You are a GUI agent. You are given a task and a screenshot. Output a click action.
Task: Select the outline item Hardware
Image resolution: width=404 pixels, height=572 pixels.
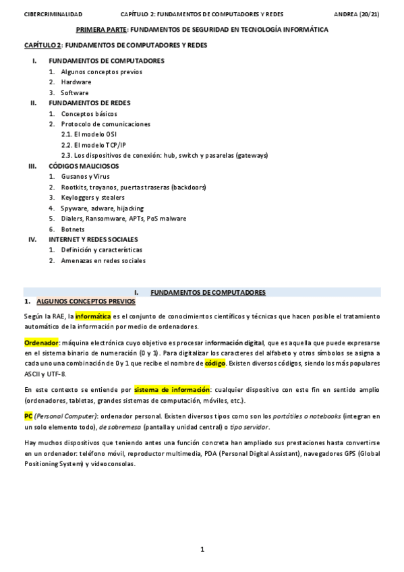click(76, 82)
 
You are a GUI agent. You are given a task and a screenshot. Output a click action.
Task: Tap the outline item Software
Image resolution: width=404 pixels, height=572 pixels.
click(75, 92)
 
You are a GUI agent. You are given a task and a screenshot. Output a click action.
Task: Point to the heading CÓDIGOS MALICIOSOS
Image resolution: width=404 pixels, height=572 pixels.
click(84, 165)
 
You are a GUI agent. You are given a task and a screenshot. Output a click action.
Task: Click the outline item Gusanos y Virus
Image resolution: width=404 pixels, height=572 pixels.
click(85, 176)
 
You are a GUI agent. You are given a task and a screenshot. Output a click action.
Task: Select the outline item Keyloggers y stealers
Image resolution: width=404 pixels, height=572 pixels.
click(92, 197)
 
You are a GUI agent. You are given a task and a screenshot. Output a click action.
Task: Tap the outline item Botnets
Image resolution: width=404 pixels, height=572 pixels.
click(73, 229)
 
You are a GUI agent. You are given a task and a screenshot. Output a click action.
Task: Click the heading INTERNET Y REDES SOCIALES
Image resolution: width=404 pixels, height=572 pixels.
click(93, 239)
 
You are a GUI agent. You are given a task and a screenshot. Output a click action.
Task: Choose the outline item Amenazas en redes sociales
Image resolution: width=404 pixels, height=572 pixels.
click(103, 260)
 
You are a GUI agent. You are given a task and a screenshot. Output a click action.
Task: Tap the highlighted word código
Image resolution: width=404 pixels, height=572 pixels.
click(215, 363)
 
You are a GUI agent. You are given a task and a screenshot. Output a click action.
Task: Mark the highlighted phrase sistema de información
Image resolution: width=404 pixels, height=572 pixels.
click(172, 390)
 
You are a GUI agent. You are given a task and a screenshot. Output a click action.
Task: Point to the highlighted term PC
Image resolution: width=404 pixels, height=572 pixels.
click(28, 416)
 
